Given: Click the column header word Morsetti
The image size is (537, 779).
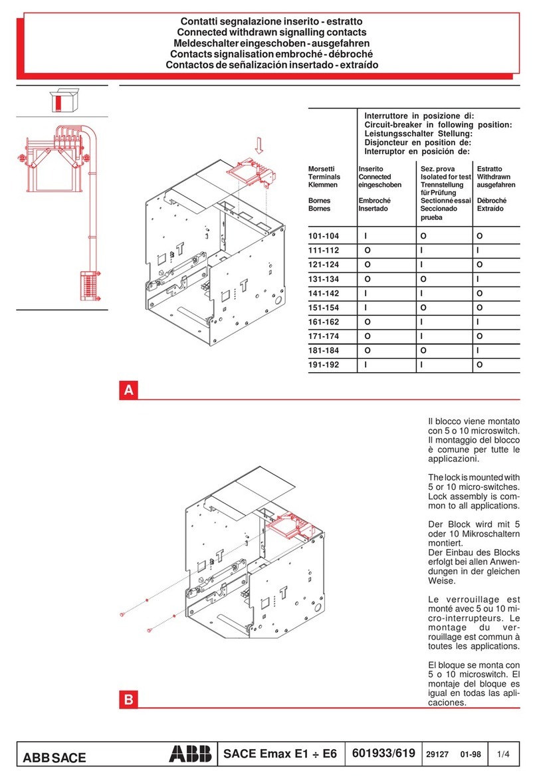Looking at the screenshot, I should pos(322,169).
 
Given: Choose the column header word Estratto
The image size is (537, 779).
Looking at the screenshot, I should pos(490,169).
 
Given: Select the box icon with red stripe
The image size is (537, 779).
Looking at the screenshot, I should pos(62,102).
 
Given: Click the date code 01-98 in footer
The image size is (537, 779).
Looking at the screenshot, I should pos(471,754).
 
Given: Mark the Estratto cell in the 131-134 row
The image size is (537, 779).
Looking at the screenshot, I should pos(480,279).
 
